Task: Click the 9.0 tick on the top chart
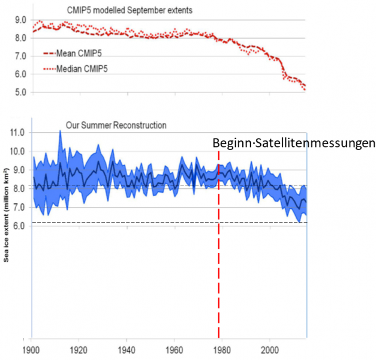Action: (20, 20)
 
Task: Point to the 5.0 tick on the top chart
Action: (20, 92)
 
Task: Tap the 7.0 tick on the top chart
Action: (20, 56)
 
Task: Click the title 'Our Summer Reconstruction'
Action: (116, 125)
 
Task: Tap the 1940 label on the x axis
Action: (126, 349)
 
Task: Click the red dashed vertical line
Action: (219, 270)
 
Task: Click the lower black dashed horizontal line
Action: (150, 223)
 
